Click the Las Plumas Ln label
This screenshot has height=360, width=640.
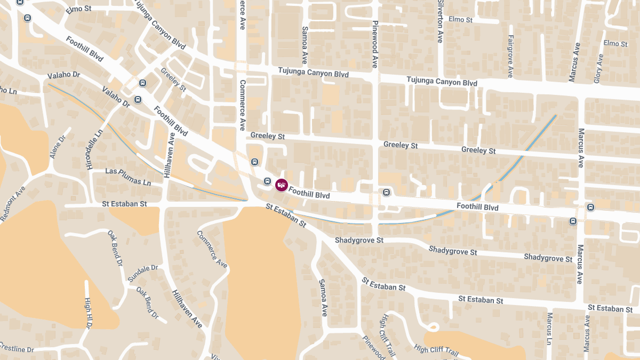pos(128,176)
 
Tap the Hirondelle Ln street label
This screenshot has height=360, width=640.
pos(93,149)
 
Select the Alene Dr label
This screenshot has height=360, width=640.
pos(57,146)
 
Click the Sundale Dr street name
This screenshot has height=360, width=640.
pos(143,273)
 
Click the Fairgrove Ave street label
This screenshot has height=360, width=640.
pos(510,56)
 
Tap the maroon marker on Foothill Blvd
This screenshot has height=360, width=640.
pos(281,185)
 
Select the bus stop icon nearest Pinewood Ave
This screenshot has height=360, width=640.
pos(386,192)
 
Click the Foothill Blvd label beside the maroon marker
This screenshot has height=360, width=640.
pos(309,192)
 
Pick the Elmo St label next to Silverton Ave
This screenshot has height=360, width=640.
pos(461,20)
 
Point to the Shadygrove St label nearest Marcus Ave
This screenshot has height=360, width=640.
pos(548,258)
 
